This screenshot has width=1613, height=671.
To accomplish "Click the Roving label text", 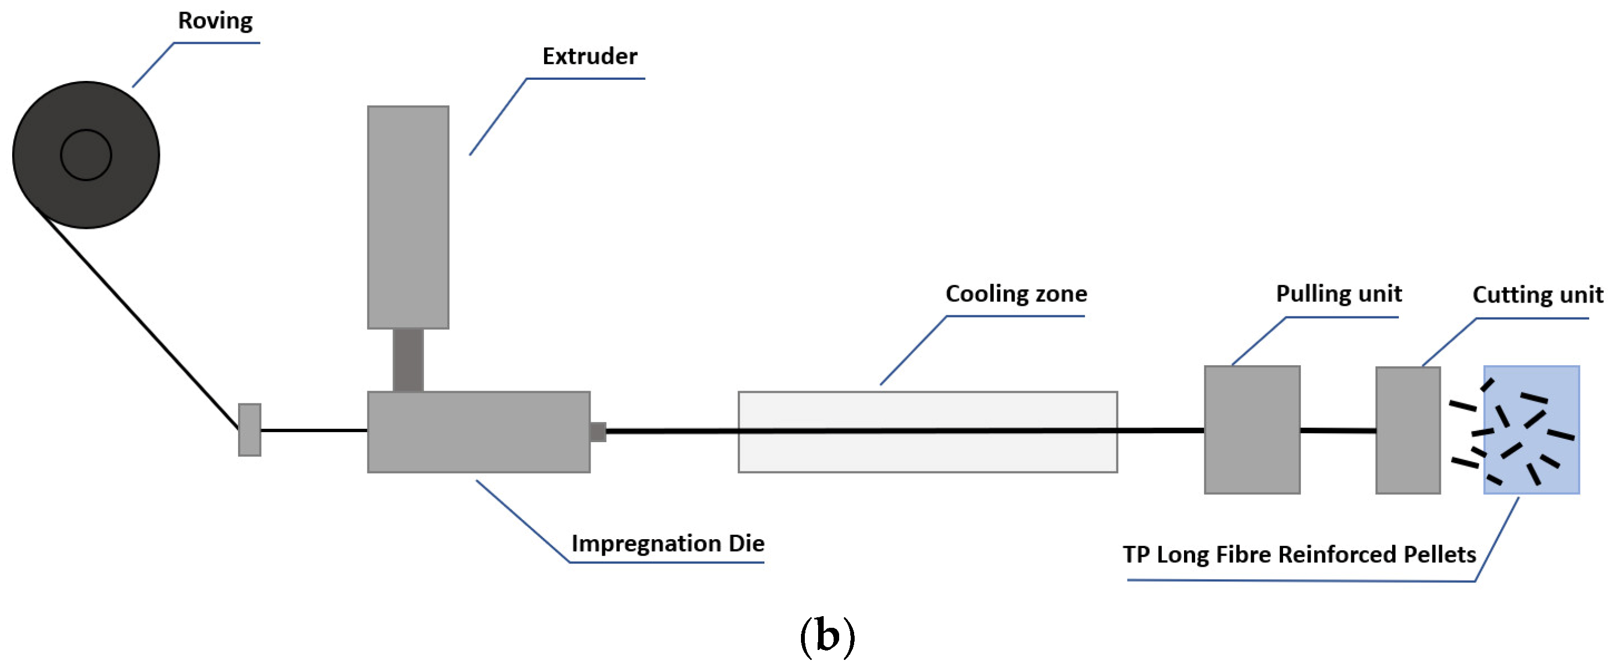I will coord(215,21).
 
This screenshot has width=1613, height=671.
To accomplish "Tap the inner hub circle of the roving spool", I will coord(86,155).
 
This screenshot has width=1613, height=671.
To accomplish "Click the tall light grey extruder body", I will coord(407,217).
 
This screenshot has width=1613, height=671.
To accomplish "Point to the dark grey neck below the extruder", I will coord(407,360).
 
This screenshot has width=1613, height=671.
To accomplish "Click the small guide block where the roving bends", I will coord(249,430).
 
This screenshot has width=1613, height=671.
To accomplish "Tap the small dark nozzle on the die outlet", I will coord(598,432).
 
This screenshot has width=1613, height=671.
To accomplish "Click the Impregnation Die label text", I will coord(668,543).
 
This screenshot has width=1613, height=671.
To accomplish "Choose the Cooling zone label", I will coord(1016,294).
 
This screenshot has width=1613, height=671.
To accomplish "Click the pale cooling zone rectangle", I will coord(927,454).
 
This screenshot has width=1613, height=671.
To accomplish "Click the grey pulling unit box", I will coord(1252,430).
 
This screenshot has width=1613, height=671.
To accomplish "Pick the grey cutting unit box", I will coord(1408,431).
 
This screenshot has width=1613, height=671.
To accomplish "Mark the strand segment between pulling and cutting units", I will coord(1337,431).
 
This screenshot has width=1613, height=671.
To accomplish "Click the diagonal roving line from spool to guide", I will coord(138,320).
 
